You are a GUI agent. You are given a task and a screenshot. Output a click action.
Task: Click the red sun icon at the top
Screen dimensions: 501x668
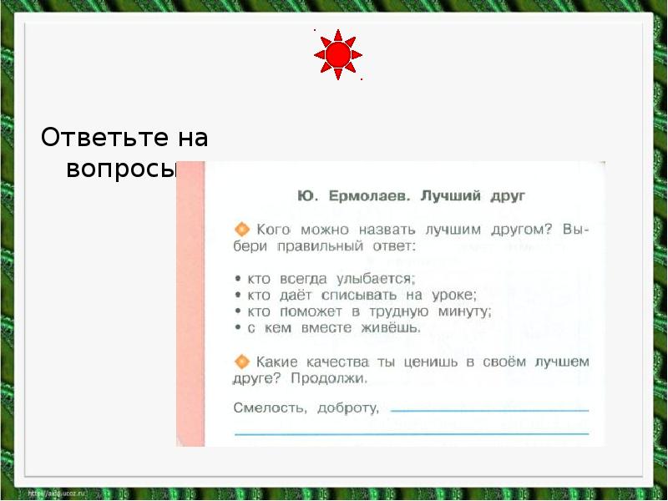click(337, 55)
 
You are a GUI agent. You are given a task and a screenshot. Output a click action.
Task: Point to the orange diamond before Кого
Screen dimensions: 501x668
click(242, 228)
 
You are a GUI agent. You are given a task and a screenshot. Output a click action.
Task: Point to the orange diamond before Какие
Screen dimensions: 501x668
click(242, 362)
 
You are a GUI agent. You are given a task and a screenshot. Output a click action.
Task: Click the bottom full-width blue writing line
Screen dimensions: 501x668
click(412, 433)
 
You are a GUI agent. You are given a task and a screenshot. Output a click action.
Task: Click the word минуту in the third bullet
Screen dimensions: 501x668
click(460, 311)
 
